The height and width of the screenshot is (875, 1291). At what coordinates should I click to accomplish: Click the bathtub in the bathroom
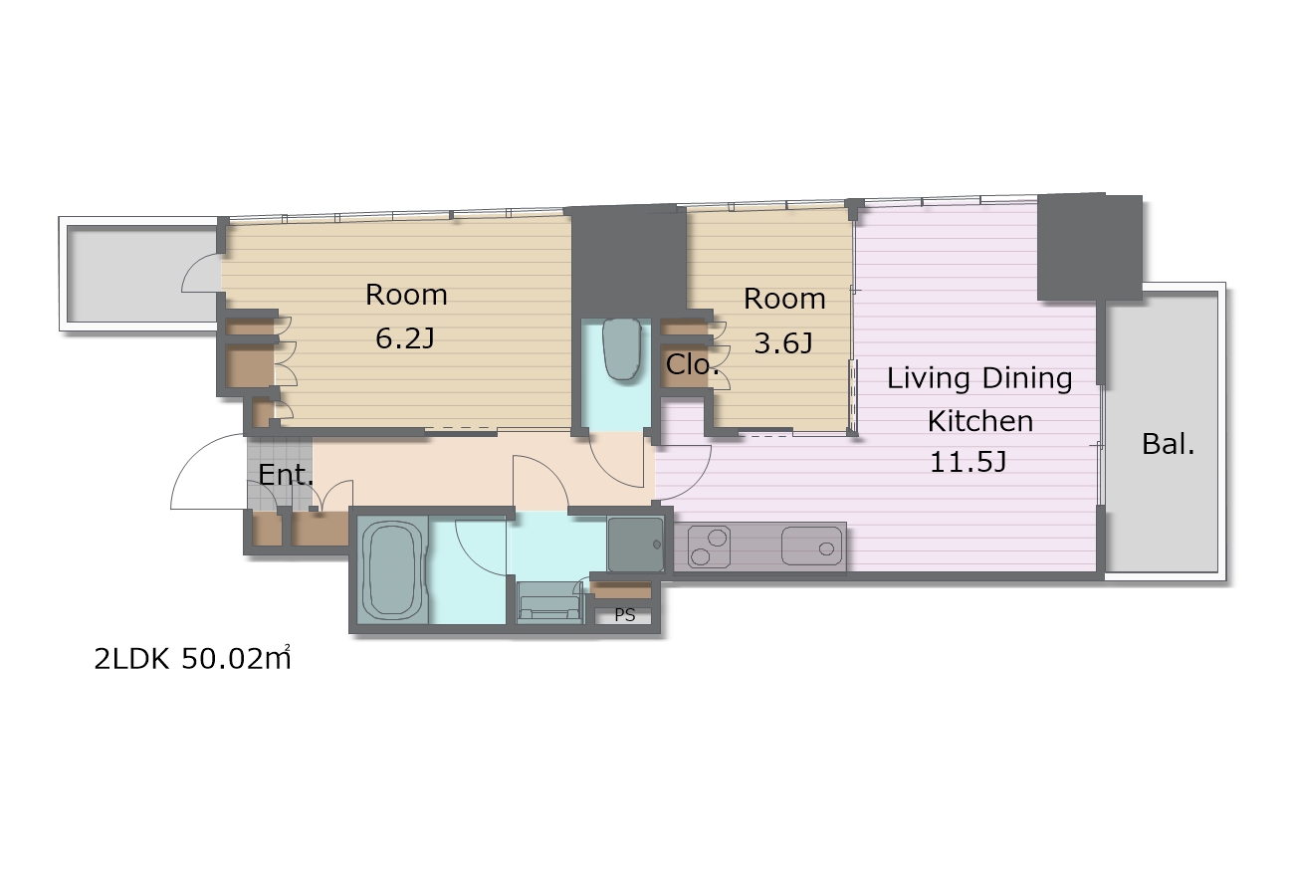click(392, 570)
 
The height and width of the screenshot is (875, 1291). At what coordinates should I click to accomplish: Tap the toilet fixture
click(621, 349)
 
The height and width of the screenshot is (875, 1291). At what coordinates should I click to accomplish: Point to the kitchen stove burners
click(709, 547)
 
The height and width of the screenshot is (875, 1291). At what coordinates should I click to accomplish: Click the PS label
click(625, 615)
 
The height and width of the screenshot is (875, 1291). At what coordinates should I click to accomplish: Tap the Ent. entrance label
click(286, 475)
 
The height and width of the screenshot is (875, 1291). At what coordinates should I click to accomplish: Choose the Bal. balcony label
click(1168, 444)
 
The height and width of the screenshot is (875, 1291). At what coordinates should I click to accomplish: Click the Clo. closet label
click(692, 364)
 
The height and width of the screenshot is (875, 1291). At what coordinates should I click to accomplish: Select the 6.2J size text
click(405, 338)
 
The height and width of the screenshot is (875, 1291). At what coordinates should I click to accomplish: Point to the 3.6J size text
click(783, 343)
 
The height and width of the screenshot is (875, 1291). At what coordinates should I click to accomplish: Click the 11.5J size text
click(968, 462)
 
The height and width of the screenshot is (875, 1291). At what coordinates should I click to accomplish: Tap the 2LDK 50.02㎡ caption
click(192, 658)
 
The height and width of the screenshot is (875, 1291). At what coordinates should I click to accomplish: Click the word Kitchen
click(979, 421)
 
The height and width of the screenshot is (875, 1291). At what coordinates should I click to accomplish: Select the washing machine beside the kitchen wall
click(635, 545)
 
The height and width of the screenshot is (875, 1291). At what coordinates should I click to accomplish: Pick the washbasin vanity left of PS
click(549, 602)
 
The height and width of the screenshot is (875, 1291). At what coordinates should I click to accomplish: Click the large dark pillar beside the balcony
click(1089, 247)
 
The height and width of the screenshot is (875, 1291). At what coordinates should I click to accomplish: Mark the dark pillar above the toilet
click(628, 261)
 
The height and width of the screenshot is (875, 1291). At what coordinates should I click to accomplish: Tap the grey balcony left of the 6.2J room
click(142, 274)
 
